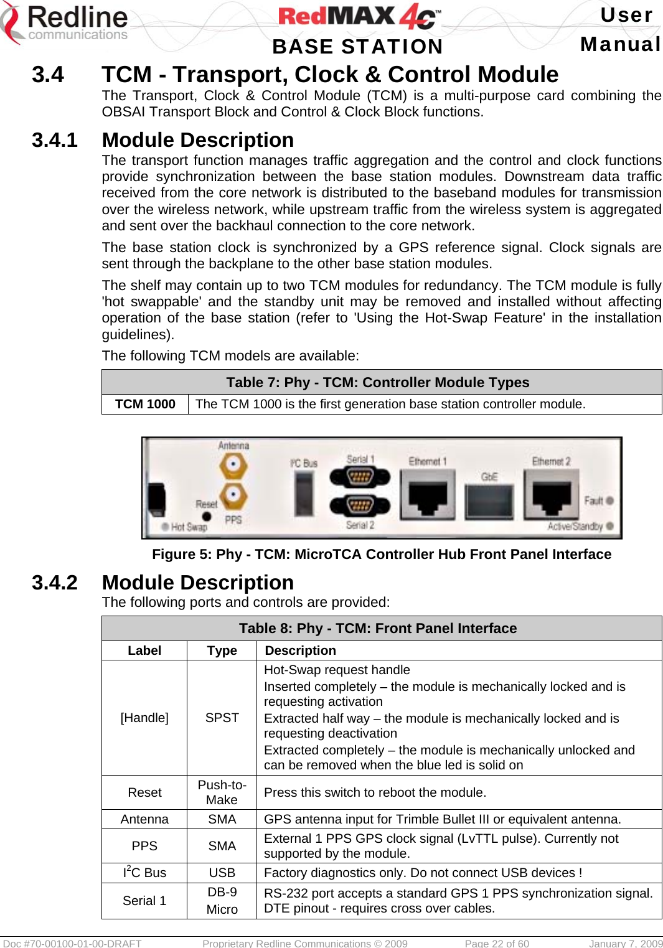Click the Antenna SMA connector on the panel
[233, 464]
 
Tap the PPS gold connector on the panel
[233, 496]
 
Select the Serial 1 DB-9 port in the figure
[359, 477]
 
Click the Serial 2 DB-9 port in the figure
[359, 505]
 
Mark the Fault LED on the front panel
[609, 500]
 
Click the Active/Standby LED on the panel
[609, 526]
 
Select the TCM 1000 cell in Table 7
[145, 404]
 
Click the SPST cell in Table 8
[222, 718]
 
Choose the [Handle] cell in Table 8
[144, 718]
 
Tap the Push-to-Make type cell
[222, 792]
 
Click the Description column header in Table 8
[300, 650]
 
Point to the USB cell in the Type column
[222, 873]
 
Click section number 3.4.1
[55, 140]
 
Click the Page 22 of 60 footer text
[497, 943]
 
